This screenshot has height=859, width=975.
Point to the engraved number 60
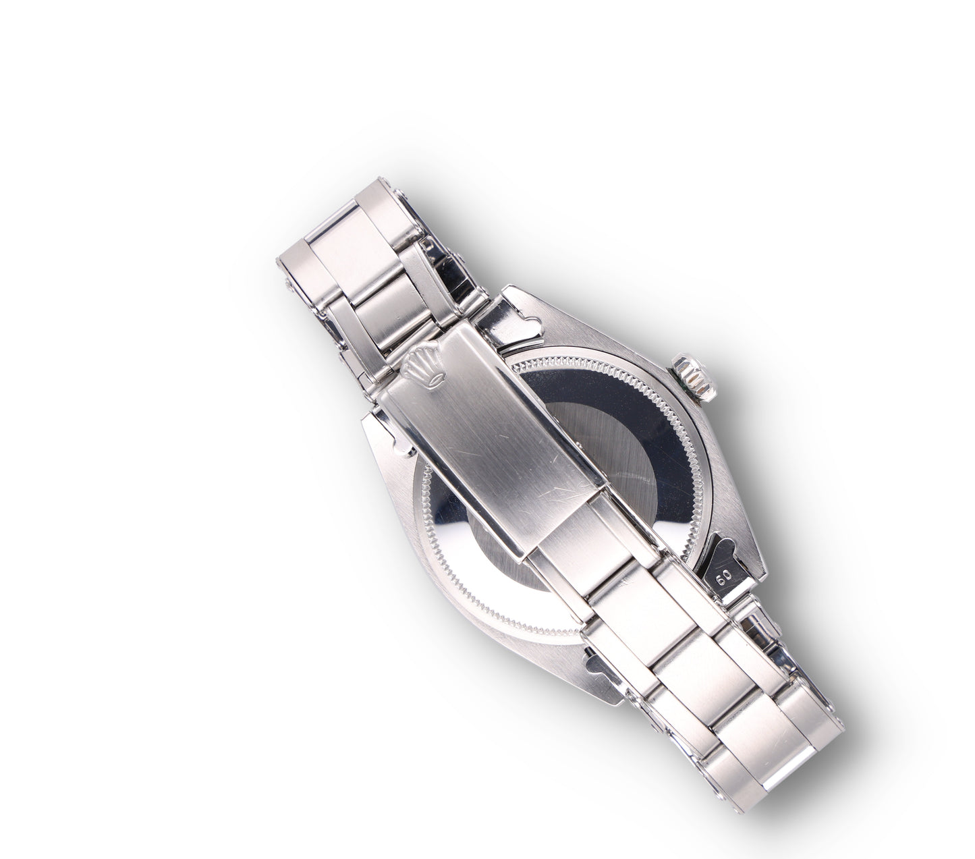click(724, 577)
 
